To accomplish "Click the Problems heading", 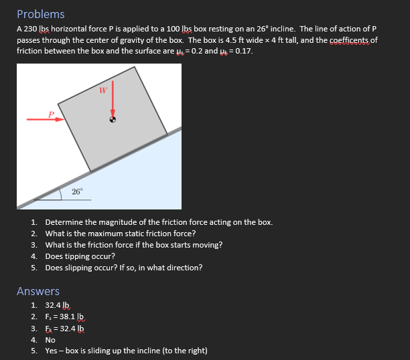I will pos(41,14).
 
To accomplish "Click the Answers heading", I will pos(38,291).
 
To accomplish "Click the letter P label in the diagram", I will pos(51,114).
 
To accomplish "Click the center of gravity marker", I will pos(113,120).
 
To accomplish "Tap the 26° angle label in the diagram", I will pos(78,192).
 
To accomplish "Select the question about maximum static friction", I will pos(121,234).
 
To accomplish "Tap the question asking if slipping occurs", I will pos(124,268).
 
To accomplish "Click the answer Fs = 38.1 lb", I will pos(64,317).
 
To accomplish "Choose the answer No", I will pos(50,339).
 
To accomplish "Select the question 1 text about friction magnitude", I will pos(159,222).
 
